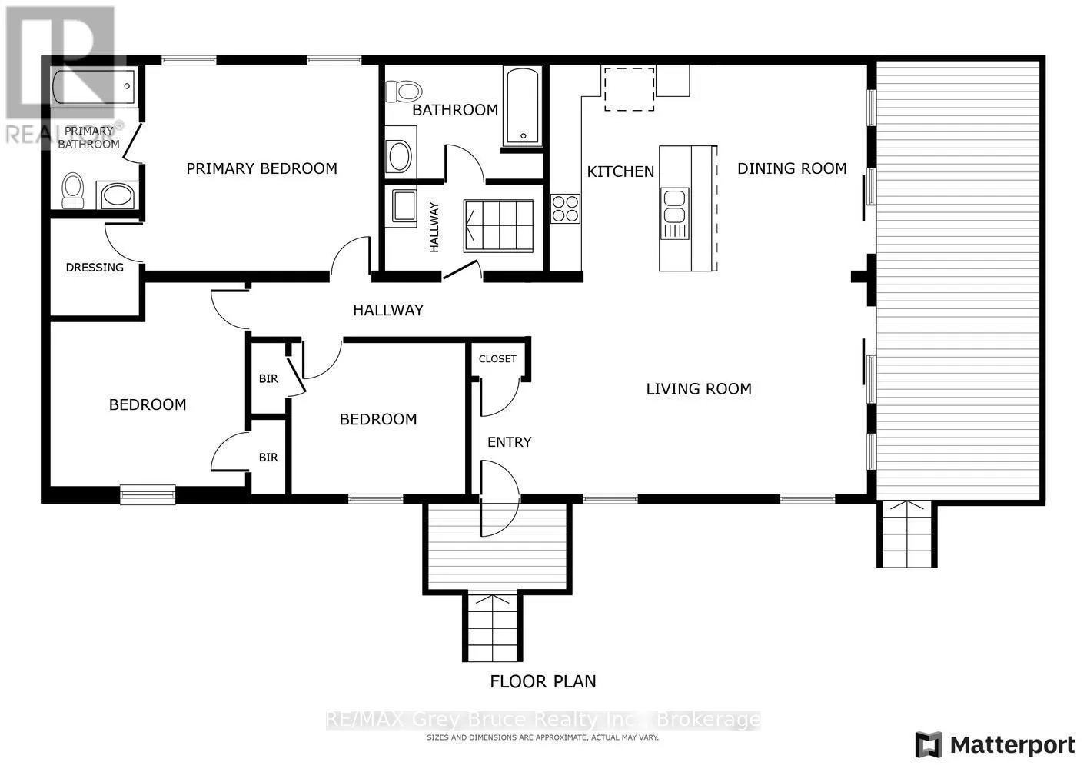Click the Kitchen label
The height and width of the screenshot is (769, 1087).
(620, 171)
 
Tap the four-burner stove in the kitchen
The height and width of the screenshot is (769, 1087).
(565, 208)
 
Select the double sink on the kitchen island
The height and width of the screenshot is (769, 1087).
(674, 214)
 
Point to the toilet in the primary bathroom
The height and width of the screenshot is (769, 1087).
(73, 190)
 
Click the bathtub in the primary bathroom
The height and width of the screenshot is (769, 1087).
(93, 87)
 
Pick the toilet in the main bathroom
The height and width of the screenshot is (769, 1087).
(404, 91)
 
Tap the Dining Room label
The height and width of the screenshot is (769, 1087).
(792, 168)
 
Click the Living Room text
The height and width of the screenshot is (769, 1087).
(699, 389)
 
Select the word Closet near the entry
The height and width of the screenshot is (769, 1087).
(497, 359)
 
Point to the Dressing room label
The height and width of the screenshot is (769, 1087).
(95, 268)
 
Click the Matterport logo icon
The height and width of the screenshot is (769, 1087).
(929, 744)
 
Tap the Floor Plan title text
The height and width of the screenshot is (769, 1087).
(543, 681)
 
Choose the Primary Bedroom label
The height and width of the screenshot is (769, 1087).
(261, 168)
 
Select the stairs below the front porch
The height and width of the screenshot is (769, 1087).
(493, 627)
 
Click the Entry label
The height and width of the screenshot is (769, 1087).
(509, 442)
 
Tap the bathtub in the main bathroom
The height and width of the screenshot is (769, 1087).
(523, 106)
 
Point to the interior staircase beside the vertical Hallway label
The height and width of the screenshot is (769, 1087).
(498, 226)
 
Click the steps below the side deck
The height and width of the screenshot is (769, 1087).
(907, 534)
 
